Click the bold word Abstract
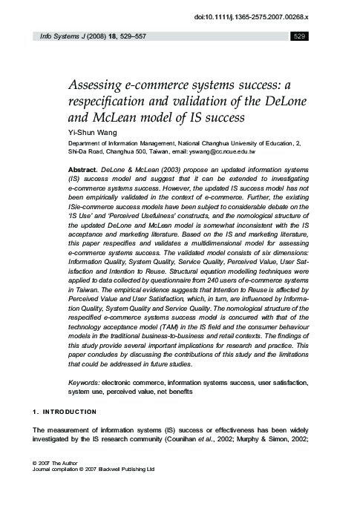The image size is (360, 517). coord(82,170)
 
